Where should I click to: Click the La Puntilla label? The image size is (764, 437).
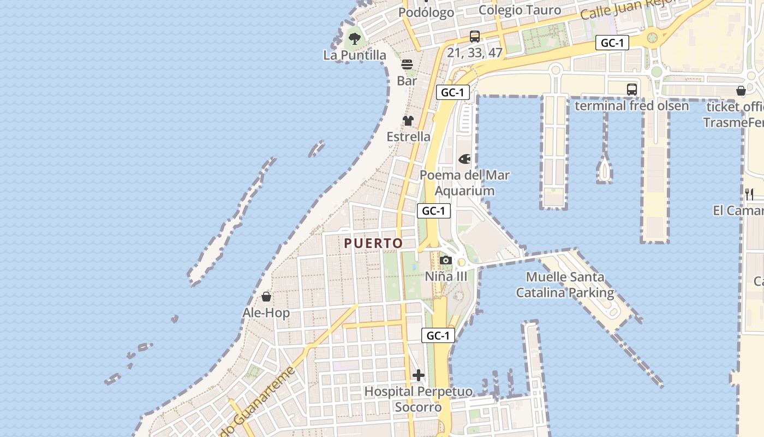click(355, 55)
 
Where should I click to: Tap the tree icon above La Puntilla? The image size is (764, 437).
click(355, 39)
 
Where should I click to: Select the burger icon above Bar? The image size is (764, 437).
click(407, 64)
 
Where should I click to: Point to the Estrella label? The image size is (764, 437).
click(409, 137)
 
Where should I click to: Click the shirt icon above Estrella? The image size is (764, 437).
click(408, 121)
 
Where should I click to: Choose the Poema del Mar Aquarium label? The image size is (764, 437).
click(465, 183)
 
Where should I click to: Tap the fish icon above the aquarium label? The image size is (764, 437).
click(464, 159)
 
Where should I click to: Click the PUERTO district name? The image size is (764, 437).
click(374, 243)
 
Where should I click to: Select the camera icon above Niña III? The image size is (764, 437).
click(446, 261)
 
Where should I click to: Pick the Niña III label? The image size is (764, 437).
click(446, 276)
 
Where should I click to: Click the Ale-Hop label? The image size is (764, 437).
click(266, 313)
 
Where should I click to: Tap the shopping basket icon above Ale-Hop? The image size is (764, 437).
click(266, 297)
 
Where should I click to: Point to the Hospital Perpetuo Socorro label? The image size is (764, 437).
click(419, 399)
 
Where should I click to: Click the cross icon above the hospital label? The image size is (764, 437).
click(419, 375)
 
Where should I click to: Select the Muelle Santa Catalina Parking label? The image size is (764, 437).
click(565, 285)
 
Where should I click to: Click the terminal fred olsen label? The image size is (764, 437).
click(632, 105)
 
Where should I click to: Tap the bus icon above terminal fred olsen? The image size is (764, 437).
click(632, 89)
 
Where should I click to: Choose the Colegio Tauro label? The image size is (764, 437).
click(520, 10)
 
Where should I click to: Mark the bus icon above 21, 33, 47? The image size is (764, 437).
click(475, 37)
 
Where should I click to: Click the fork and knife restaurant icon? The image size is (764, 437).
click(749, 194)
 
